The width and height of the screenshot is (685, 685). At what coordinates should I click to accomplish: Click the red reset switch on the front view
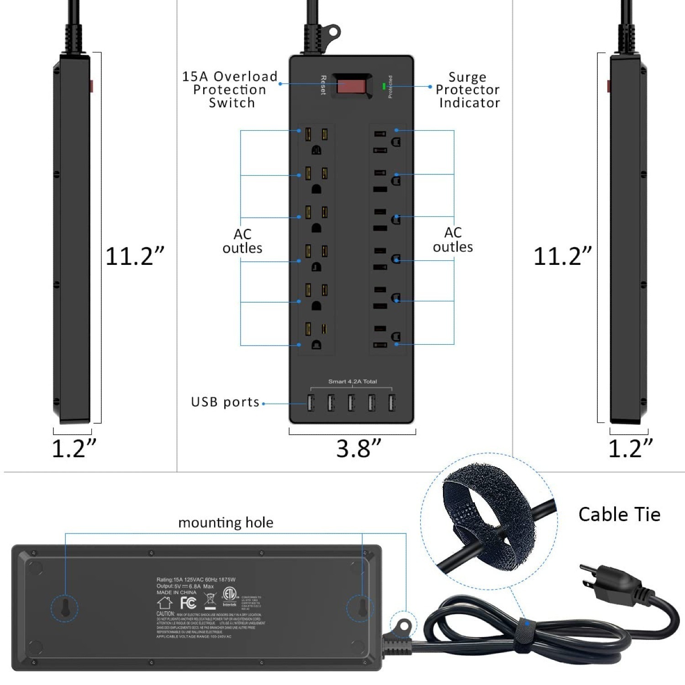click(x=351, y=85)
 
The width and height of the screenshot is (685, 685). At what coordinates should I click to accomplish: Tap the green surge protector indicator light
click(x=384, y=85)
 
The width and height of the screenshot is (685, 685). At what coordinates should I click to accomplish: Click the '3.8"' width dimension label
click(x=358, y=448)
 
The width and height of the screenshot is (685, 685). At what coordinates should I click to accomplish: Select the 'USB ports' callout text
click(x=225, y=402)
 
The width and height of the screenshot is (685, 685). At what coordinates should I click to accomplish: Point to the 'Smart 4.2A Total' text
click(x=353, y=381)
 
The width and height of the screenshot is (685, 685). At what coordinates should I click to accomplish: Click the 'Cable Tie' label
click(x=619, y=515)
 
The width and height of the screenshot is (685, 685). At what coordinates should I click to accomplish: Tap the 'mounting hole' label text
click(x=226, y=522)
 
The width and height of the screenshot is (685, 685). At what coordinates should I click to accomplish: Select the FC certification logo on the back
click(x=188, y=603)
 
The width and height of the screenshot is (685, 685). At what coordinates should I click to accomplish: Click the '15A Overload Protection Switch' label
click(x=230, y=90)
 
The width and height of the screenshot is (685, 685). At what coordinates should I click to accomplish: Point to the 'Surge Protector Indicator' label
click(x=468, y=90)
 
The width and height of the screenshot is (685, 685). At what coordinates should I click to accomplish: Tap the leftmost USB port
click(x=311, y=403)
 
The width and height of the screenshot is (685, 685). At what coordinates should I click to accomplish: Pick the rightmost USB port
click(x=391, y=403)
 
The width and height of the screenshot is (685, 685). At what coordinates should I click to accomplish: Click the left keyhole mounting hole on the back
click(x=64, y=608)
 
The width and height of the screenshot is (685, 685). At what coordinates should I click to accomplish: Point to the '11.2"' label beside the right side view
click(x=563, y=256)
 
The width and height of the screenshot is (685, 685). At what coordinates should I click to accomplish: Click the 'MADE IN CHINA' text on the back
click(x=176, y=592)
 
